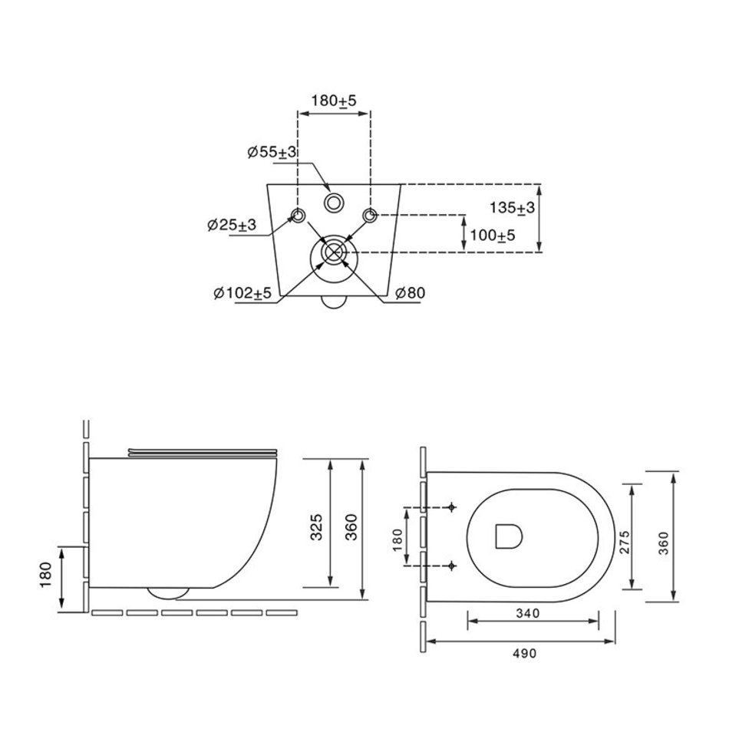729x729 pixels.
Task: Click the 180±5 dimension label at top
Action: click(333, 100)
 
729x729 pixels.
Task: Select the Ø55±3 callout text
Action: click(272, 152)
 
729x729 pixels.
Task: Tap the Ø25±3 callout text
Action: click(232, 225)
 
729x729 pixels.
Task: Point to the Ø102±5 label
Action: click(242, 292)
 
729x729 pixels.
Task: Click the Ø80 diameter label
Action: click(410, 292)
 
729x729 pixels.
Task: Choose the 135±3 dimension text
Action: click(512, 207)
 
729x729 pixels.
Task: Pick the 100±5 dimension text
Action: click(493, 236)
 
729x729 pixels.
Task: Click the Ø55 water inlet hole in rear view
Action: click(333, 203)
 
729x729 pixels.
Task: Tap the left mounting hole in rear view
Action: click(298, 216)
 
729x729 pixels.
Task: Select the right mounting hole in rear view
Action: click(370, 216)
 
